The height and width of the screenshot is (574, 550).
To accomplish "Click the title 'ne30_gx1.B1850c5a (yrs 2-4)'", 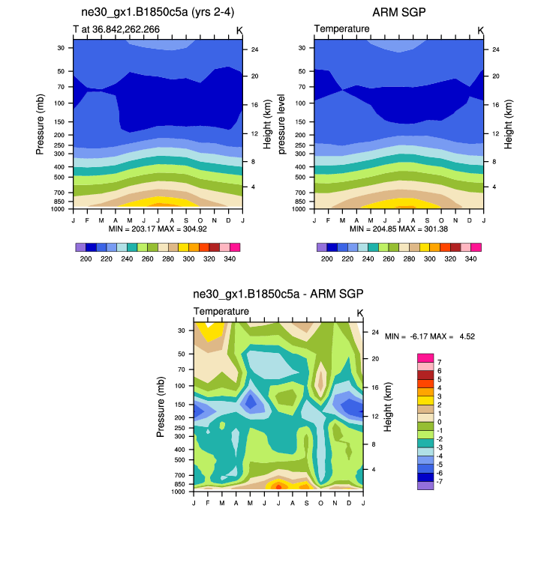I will [x=157, y=13].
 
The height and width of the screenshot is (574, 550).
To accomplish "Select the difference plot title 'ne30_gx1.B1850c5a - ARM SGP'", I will [x=278, y=294].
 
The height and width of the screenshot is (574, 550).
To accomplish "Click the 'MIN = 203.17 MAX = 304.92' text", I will [x=158, y=228].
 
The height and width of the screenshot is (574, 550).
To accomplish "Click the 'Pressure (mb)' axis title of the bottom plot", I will [x=161, y=407].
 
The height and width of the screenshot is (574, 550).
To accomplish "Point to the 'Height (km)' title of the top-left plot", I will [x=266, y=120].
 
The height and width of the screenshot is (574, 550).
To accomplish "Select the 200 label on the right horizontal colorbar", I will [x=327, y=258].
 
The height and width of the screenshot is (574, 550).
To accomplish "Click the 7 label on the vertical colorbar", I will [x=439, y=362].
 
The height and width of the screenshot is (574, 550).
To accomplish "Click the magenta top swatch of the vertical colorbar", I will [x=425, y=357].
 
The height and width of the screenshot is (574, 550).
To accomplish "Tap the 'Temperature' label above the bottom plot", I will [x=221, y=311].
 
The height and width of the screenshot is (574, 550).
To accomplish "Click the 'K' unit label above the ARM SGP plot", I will [x=480, y=30].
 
